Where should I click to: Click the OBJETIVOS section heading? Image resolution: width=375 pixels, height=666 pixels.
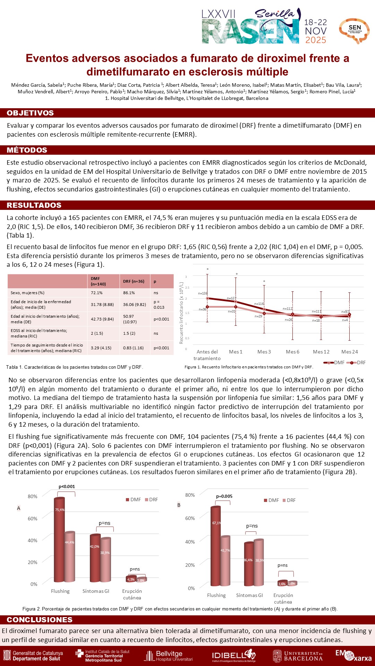click(30, 113)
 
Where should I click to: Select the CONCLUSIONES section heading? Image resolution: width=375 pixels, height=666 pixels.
click(40, 620)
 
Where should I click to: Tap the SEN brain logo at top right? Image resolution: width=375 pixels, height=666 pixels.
click(354, 30)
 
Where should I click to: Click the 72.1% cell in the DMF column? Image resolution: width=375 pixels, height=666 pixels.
click(96, 293)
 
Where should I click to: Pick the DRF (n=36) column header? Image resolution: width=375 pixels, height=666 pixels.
click(134, 281)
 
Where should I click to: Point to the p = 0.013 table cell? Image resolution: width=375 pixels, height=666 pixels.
click(159, 305)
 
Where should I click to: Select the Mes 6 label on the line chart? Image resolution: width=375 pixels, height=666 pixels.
click(292, 352)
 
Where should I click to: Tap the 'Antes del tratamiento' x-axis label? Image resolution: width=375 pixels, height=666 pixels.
click(207, 355)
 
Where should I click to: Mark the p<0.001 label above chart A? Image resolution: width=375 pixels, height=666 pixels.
click(67, 486)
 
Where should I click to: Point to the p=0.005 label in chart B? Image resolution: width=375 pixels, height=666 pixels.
click(224, 496)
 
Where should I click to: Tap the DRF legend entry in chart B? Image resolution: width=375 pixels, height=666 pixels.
click(289, 500)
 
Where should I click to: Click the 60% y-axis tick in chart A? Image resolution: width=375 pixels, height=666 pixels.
click(33, 518)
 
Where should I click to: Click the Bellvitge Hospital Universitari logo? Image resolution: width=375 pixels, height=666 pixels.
click(169, 656)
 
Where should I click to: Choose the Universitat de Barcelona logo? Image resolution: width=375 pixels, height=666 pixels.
click(298, 656)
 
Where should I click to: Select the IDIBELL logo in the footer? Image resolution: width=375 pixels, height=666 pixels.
click(233, 656)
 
